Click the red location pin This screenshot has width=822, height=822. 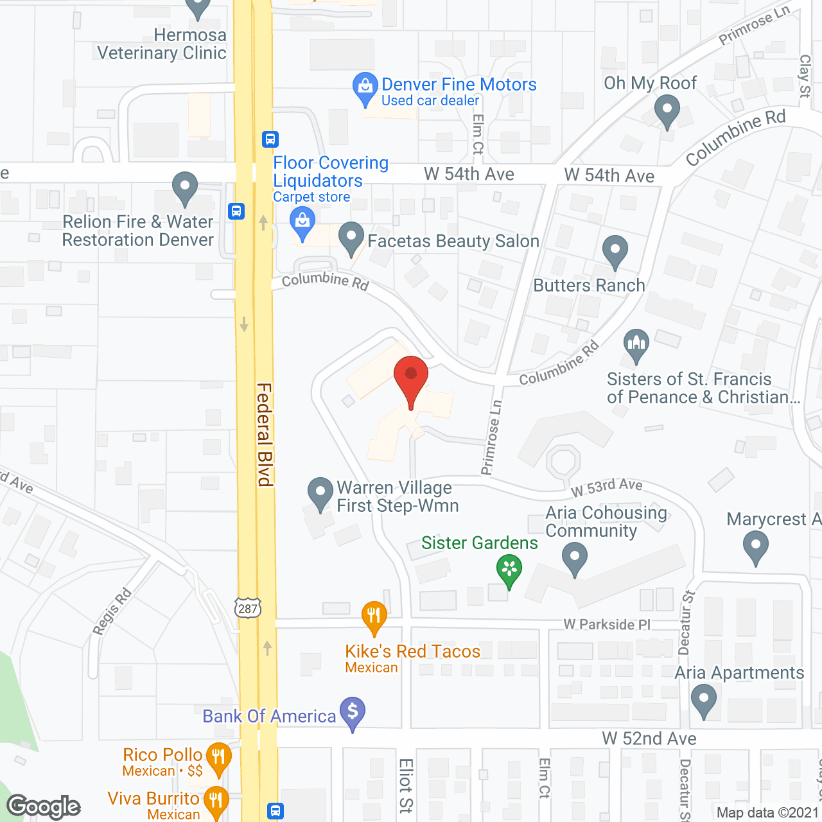coord(410,379)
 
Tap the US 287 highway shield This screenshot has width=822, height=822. coord(248,608)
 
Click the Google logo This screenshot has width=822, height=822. coord(44,807)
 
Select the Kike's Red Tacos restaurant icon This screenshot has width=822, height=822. coord(374,617)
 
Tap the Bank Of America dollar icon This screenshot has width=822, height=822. coord(353,713)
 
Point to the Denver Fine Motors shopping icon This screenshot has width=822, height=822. coord(365,87)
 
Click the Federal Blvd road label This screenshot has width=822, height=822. coord(265,435)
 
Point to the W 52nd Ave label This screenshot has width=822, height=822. coord(649,739)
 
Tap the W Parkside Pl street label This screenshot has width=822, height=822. coord(607,624)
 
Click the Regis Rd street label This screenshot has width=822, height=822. coord(112,611)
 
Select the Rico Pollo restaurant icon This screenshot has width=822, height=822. coord(219,758)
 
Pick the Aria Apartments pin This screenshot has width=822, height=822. coord(704,699)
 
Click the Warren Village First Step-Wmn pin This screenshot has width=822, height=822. coord(320,493)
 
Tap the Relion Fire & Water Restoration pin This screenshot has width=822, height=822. coord(185,188)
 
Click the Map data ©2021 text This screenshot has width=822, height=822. coord(767,813)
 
